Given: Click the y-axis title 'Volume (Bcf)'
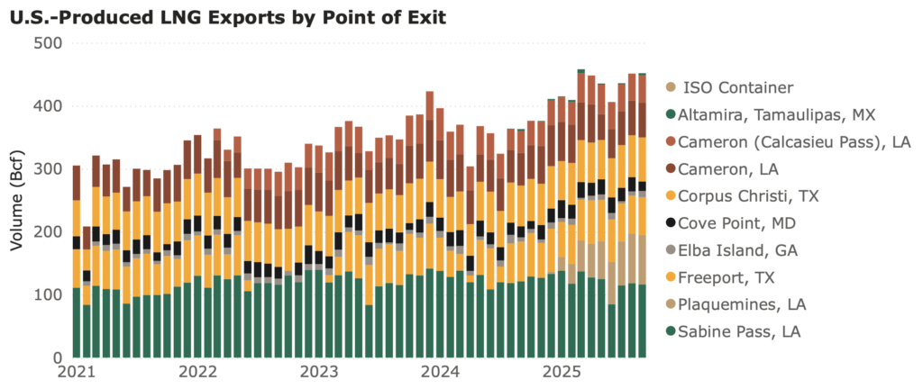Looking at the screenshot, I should (x=15, y=200).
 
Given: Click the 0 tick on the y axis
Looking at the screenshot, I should (x=56, y=358).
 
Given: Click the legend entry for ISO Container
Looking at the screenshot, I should (x=739, y=87).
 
